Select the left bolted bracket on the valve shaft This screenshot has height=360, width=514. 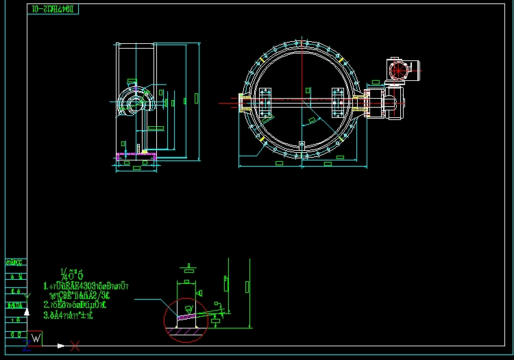pyautogui.click(x=264, y=103)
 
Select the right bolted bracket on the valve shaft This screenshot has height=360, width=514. pyautogui.click(x=339, y=103)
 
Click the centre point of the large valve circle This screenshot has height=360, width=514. pyautogui.click(x=302, y=103)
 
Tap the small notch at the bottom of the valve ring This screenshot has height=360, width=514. pyautogui.click(x=302, y=144)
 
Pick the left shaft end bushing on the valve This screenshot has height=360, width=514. pyautogui.click(x=244, y=103)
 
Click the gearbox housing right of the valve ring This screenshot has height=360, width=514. pyautogui.click(x=376, y=103)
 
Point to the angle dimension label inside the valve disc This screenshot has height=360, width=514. pyautogui.click(x=313, y=121)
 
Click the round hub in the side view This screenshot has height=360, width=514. pyautogui.click(x=132, y=104)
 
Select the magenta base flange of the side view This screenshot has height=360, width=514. pyautogui.click(x=136, y=156)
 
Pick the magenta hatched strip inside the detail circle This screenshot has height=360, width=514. pyautogui.click(x=187, y=317)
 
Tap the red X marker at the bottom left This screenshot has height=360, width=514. pyautogui.click(x=75, y=346)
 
